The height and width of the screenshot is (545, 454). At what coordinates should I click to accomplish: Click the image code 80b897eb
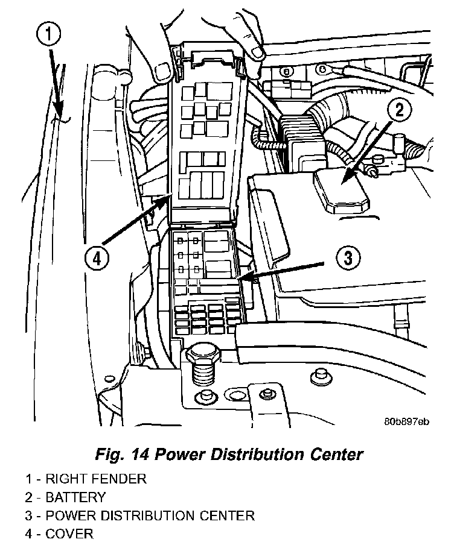[406, 421]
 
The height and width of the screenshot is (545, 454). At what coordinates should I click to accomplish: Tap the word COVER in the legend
[69, 534]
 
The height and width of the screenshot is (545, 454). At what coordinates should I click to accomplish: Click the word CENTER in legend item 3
[228, 516]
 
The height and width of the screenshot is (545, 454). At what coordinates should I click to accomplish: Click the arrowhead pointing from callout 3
[241, 279]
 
